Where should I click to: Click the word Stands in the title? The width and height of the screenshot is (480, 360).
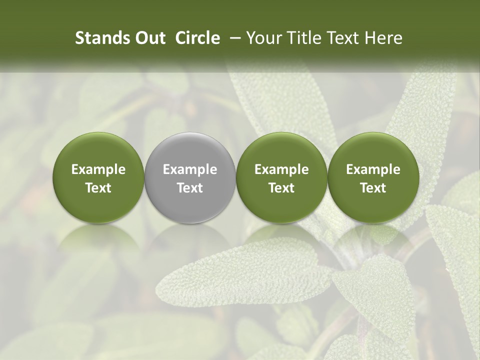point(98,38)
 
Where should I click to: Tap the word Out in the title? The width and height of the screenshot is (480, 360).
point(148,38)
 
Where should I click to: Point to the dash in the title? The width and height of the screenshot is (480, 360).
point(233,38)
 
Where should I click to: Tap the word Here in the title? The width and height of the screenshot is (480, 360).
point(383,38)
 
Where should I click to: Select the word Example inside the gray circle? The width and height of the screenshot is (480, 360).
point(190,169)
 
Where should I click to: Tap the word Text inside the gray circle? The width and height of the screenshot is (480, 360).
point(190,188)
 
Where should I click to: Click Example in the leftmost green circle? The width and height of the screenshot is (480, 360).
point(98,169)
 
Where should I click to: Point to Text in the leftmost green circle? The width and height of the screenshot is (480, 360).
point(98,188)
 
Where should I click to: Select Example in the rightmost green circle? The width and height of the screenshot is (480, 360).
point(373,169)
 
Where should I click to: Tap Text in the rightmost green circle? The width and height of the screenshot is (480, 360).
point(373,188)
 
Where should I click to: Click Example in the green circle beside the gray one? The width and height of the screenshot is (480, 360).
point(281,169)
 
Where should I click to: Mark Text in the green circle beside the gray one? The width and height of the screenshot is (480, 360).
point(281,188)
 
